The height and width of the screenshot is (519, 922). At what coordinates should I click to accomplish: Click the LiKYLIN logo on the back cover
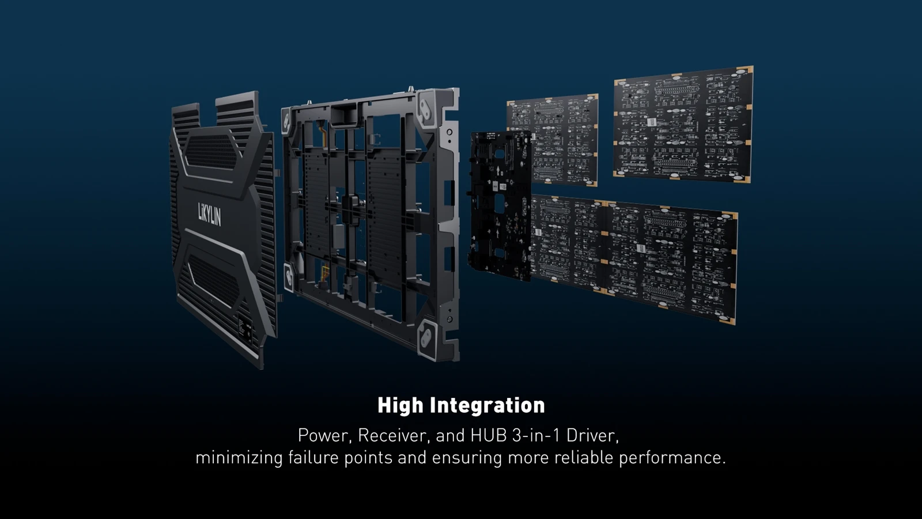[210, 213]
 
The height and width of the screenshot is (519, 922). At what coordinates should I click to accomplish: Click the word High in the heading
[400, 405]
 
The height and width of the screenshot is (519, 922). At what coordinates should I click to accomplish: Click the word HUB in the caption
[489, 435]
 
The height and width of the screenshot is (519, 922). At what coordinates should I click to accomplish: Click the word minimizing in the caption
[239, 458]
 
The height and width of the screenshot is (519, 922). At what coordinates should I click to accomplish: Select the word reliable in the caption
[584, 458]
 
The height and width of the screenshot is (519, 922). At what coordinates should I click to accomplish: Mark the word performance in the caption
[672, 458]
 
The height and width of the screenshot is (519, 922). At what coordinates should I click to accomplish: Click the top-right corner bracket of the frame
[429, 108]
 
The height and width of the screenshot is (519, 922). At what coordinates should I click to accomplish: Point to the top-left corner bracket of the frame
[286, 121]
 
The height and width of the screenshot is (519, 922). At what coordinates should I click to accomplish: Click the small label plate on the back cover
[245, 329]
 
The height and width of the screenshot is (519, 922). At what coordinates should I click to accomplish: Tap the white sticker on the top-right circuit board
[652, 122]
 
